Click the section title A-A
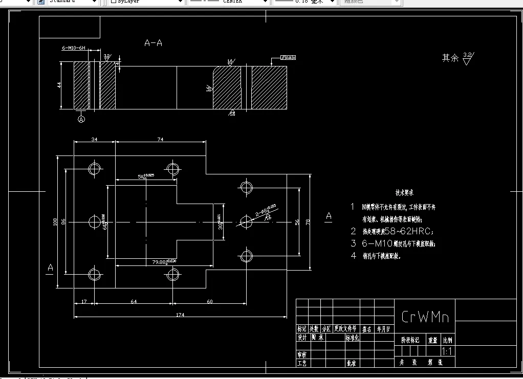click(x=153, y=43)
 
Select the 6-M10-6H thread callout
click(x=73, y=48)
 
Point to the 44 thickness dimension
click(x=59, y=85)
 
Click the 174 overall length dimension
click(x=180, y=315)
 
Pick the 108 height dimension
click(x=55, y=221)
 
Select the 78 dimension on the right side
click(x=308, y=221)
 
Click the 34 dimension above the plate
click(x=94, y=139)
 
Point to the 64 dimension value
click(x=133, y=301)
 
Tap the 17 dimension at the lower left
click(x=84, y=301)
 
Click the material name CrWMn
click(x=425, y=317)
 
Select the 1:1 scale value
click(x=446, y=351)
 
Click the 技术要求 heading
click(x=404, y=193)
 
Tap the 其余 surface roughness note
click(x=450, y=58)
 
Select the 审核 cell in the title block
click(x=302, y=354)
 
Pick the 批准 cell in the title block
click(x=351, y=363)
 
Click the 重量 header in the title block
click(x=433, y=340)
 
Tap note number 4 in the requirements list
click(x=353, y=256)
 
